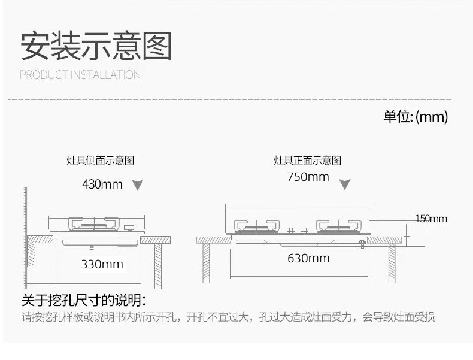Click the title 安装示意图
[x=96, y=46]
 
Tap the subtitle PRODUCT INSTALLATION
[x=80, y=75]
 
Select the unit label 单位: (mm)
[x=416, y=116]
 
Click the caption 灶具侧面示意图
[x=100, y=161]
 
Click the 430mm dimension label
[x=102, y=184]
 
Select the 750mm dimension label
[x=308, y=177]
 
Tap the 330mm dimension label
[x=102, y=264]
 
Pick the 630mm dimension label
[x=308, y=259]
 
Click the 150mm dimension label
[x=431, y=219]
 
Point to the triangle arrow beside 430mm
[x=138, y=185]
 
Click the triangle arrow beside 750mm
[x=345, y=184]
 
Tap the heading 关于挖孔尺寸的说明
[x=84, y=300]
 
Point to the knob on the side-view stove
[x=128, y=228]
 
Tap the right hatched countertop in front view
[x=384, y=240]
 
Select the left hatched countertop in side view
[x=40, y=239]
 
